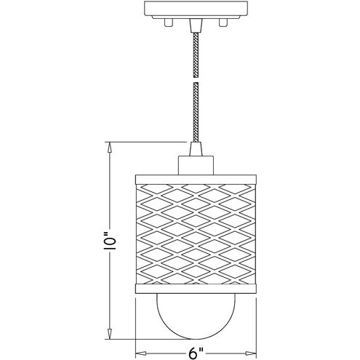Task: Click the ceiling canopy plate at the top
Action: point(194,10)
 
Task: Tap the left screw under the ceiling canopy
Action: point(168,23)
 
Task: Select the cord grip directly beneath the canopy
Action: point(194,25)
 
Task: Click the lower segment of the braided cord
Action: point(194,109)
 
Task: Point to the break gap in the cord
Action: point(194,80)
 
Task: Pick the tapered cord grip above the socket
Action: point(194,149)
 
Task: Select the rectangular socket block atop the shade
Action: point(194,164)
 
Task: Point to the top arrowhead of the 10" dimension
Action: point(110,145)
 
